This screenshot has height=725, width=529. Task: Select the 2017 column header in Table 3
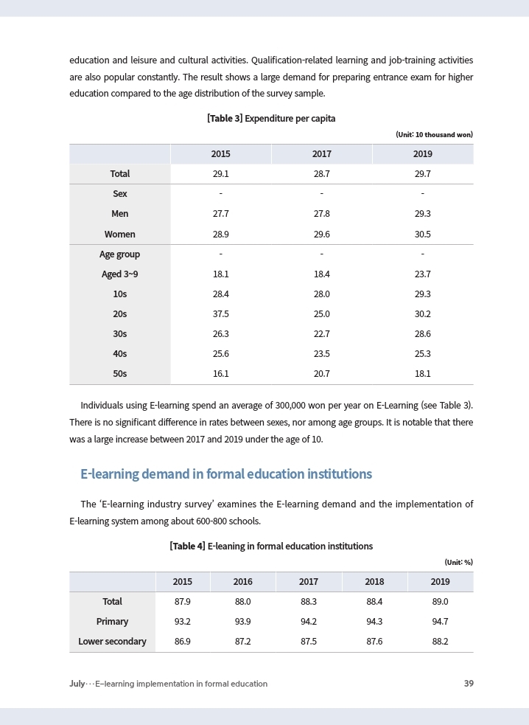coord(321,154)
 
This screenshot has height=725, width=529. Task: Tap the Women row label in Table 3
coord(119,234)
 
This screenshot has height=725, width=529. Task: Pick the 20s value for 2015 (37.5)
coord(220,313)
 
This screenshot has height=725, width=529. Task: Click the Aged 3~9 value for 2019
coord(422,274)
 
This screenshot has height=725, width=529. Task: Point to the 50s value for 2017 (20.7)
coord(321,373)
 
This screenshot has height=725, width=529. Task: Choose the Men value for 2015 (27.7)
coord(220,214)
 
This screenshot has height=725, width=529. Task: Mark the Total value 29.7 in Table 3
coord(422,174)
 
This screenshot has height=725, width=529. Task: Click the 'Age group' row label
coord(119,254)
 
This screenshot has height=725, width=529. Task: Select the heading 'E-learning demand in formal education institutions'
coord(226,473)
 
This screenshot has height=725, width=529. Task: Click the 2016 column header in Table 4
coord(242,582)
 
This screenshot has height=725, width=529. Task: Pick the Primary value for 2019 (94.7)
coord(440,622)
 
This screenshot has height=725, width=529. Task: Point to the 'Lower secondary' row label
coord(112,642)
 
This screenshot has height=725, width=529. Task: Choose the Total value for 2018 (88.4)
coord(374,602)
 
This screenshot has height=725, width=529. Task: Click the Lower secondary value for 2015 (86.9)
coord(183,642)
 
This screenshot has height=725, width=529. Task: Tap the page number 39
coord(469,684)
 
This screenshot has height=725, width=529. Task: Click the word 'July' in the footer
coord(77,684)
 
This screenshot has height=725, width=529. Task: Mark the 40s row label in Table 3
coord(119,353)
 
